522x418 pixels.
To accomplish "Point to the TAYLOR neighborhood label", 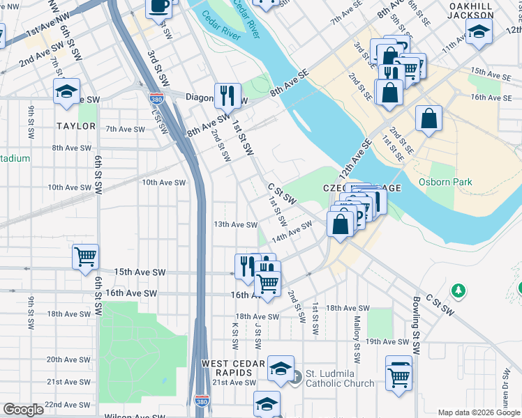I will (76, 126).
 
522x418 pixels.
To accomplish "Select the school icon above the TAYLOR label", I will (67, 92).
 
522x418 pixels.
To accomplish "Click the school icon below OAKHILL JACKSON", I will (479, 31).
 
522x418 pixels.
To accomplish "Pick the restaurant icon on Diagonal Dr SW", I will (228, 94).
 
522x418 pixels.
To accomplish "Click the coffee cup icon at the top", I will (158, 6).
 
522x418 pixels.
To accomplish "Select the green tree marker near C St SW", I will (458, 288).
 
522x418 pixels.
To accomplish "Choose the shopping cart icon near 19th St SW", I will (399, 376).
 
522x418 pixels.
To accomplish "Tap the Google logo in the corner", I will (24, 410).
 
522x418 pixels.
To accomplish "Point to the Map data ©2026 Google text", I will (479, 412).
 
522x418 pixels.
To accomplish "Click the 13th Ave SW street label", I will (236, 224).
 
